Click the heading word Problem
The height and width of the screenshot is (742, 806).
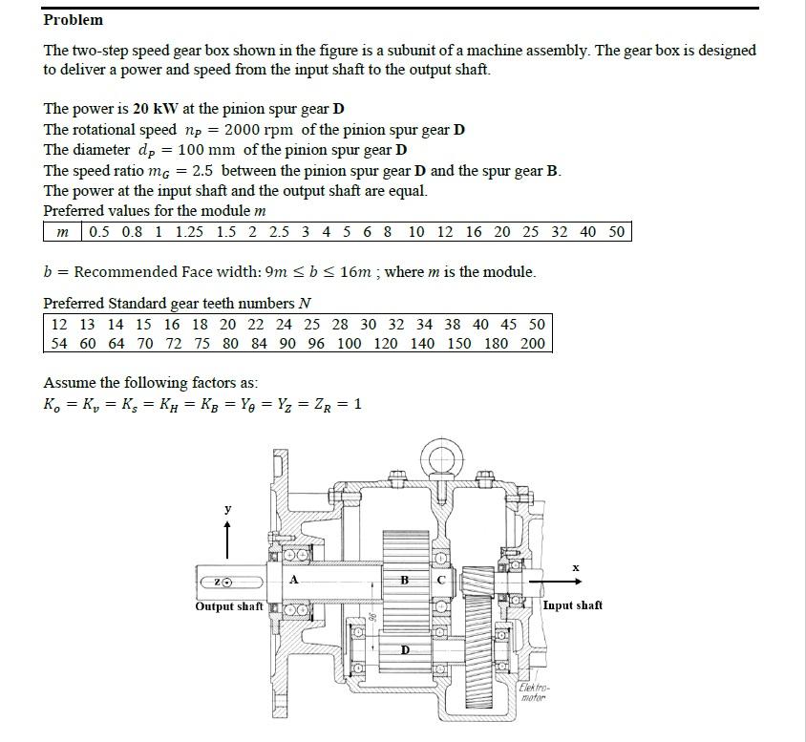click(x=73, y=20)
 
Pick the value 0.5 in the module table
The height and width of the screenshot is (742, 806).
click(x=99, y=232)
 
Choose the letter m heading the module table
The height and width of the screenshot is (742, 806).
click(x=63, y=232)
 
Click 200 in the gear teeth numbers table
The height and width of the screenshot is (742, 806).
click(x=533, y=343)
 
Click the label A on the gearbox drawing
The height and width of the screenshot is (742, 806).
click(x=293, y=579)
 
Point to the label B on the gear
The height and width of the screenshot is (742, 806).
click(x=404, y=580)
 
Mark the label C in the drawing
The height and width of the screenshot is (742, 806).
click(x=441, y=580)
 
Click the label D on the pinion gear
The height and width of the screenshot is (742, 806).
click(x=405, y=649)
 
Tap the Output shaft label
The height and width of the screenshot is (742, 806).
click(x=228, y=606)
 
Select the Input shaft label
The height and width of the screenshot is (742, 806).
click(x=572, y=605)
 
